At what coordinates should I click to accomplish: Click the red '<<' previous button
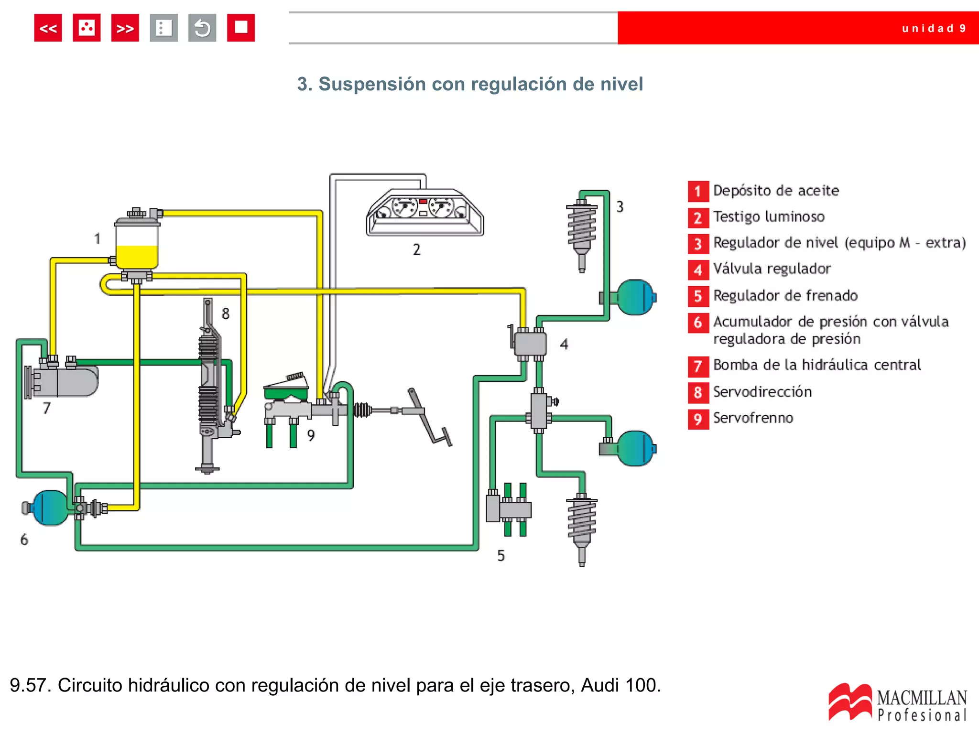(x=48, y=28)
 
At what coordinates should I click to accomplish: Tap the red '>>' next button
(x=125, y=28)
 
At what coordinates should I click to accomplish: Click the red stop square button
(x=240, y=28)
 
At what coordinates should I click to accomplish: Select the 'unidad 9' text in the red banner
(x=934, y=29)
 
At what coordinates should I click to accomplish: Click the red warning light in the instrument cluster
(x=423, y=202)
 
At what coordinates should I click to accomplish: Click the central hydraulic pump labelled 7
(x=67, y=381)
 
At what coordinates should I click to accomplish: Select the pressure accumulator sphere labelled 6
(x=49, y=507)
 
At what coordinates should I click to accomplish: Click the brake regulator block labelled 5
(x=508, y=509)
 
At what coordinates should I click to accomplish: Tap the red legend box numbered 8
(x=698, y=392)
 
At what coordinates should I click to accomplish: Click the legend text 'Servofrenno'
(x=753, y=418)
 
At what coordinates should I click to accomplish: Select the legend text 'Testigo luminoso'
(x=769, y=217)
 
